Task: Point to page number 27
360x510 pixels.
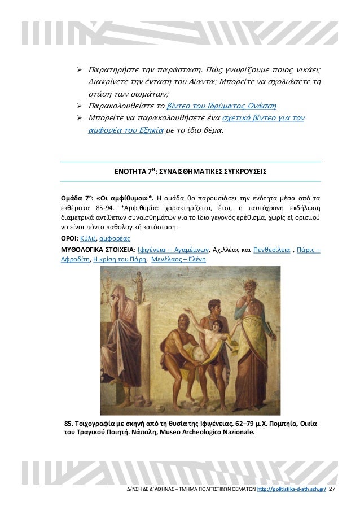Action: click(332, 488)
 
